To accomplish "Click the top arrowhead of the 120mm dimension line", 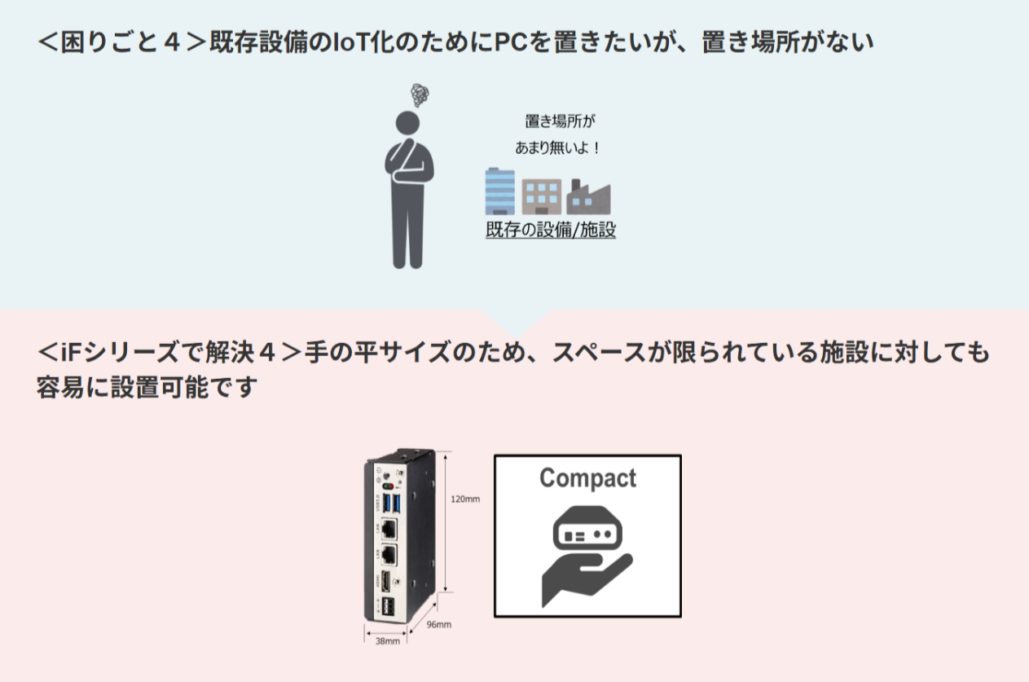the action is tap(445, 453).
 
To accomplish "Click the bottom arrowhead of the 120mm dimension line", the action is tap(445, 591).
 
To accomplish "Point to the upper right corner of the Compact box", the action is tap(681, 455).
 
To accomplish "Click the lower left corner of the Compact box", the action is tap(495, 617).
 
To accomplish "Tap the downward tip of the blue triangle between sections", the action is tap(515, 339).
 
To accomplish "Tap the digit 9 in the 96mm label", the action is tap(430, 624).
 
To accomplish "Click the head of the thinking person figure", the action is tap(408, 123).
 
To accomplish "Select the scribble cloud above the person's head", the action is tap(420, 95).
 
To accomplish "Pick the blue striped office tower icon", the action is tap(499, 191).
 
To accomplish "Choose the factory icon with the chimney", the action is tap(588, 196).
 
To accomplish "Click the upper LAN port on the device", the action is tap(389, 530).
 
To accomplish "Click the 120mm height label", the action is tap(465, 499).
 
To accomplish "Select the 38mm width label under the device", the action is tap(388, 641).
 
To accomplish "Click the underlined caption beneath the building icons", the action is tap(551, 230).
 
